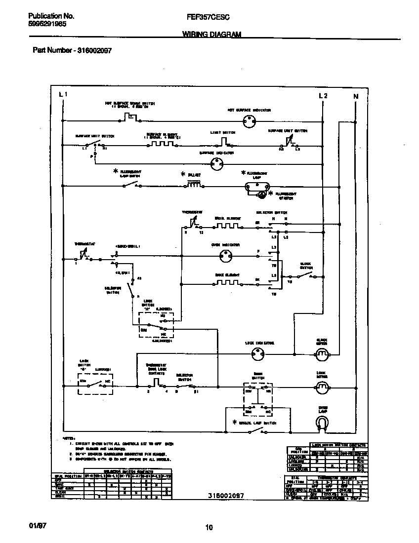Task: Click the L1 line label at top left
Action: click(63, 94)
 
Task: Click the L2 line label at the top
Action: click(323, 96)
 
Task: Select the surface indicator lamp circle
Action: click(217, 164)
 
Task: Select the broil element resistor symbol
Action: click(227, 226)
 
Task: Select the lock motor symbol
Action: click(322, 386)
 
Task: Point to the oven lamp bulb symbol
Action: click(322, 422)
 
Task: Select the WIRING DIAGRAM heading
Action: click(212, 34)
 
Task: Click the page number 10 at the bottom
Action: click(209, 527)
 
